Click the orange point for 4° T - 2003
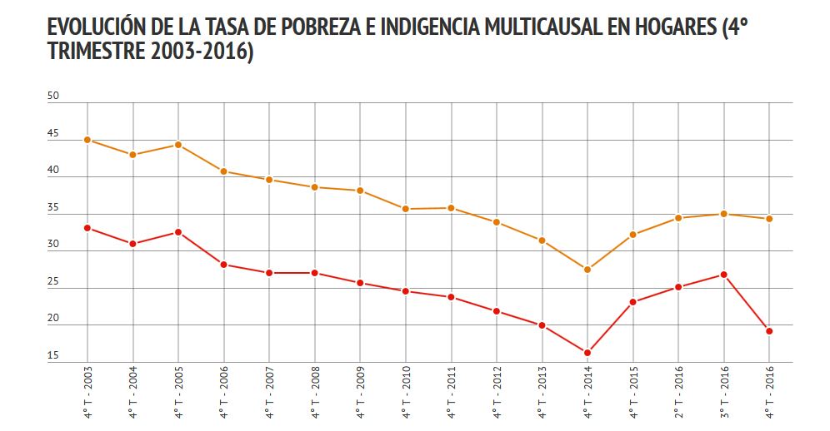(87, 140)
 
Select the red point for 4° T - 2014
(587, 353)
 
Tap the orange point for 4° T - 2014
(587, 270)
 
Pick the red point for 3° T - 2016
(724, 275)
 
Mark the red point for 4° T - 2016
(769, 331)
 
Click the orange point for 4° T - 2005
(178, 145)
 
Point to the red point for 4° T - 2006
(224, 265)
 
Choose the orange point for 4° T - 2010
(406, 209)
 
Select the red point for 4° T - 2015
(633, 302)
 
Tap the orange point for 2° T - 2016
(678, 218)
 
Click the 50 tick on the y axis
(53, 97)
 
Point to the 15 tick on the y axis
(53, 357)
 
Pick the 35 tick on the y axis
(53, 208)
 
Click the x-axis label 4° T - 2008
(315, 390)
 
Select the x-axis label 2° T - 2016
(678, 390)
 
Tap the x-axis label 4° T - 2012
(497, 390)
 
